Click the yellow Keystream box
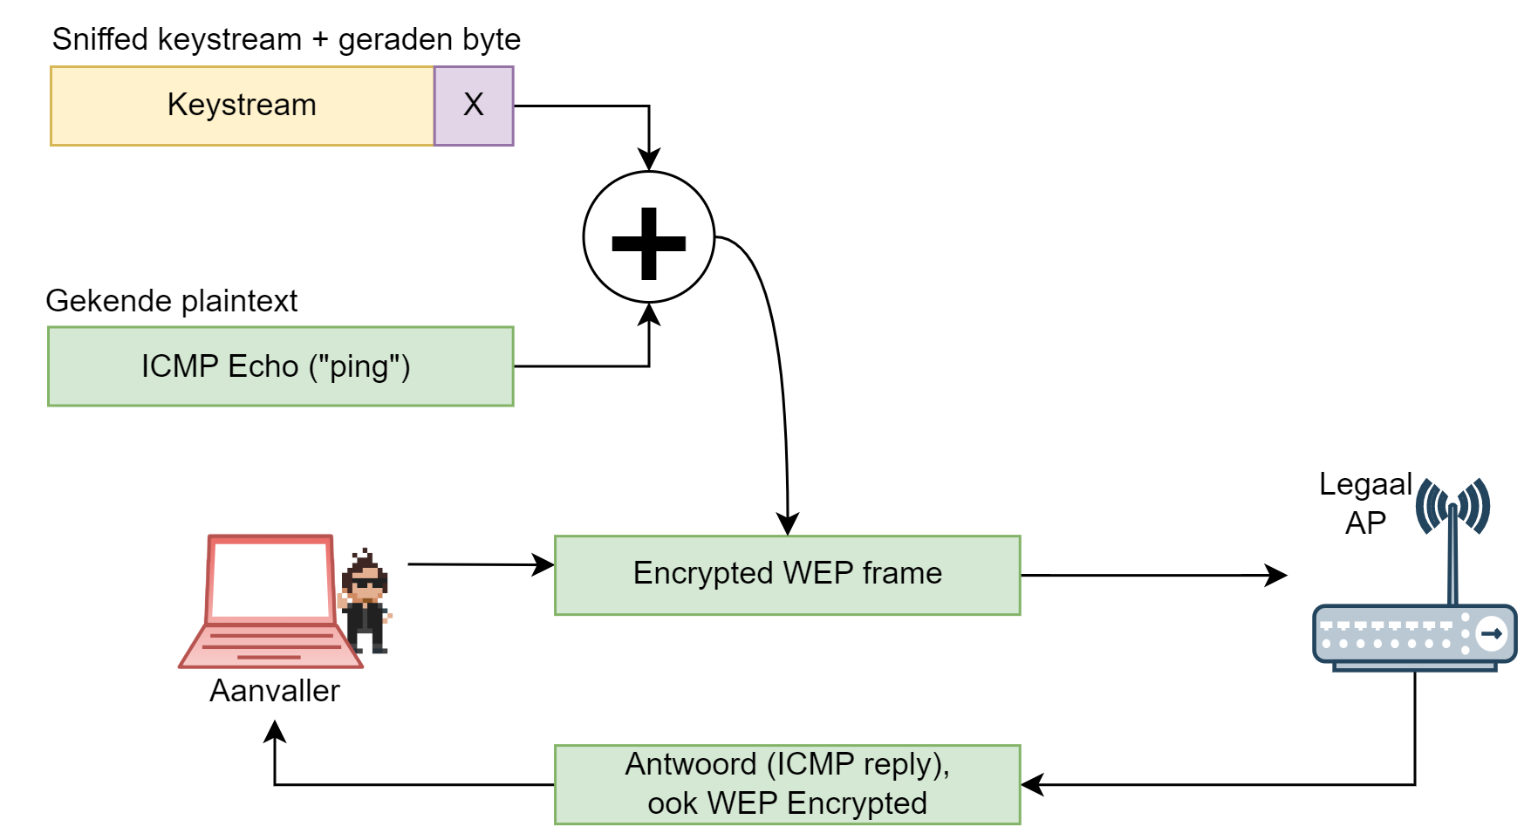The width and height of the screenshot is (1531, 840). coord(243,106)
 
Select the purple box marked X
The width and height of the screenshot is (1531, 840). coord(474,106)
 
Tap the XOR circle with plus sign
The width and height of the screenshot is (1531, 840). coord(649,237)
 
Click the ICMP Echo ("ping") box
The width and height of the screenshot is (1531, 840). coord(280,366)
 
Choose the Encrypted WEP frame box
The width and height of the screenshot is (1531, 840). coord(787,575)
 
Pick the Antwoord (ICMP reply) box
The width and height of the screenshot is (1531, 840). coord(787,784)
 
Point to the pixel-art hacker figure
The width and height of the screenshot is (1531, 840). coord(366,602)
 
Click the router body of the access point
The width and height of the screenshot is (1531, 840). coord(1414,636)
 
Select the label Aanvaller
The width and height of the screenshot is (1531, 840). coord(275,691)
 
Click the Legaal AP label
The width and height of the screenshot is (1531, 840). coord(1365,503)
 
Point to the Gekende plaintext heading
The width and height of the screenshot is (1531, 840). coord(172,301)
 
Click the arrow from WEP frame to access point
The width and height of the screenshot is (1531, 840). coord(1152,575)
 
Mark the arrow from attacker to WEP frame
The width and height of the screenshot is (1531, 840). coord(480,564)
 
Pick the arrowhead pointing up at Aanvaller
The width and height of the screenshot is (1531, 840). coord(275,731)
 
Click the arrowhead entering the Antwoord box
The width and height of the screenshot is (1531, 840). coord(1032,784)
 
